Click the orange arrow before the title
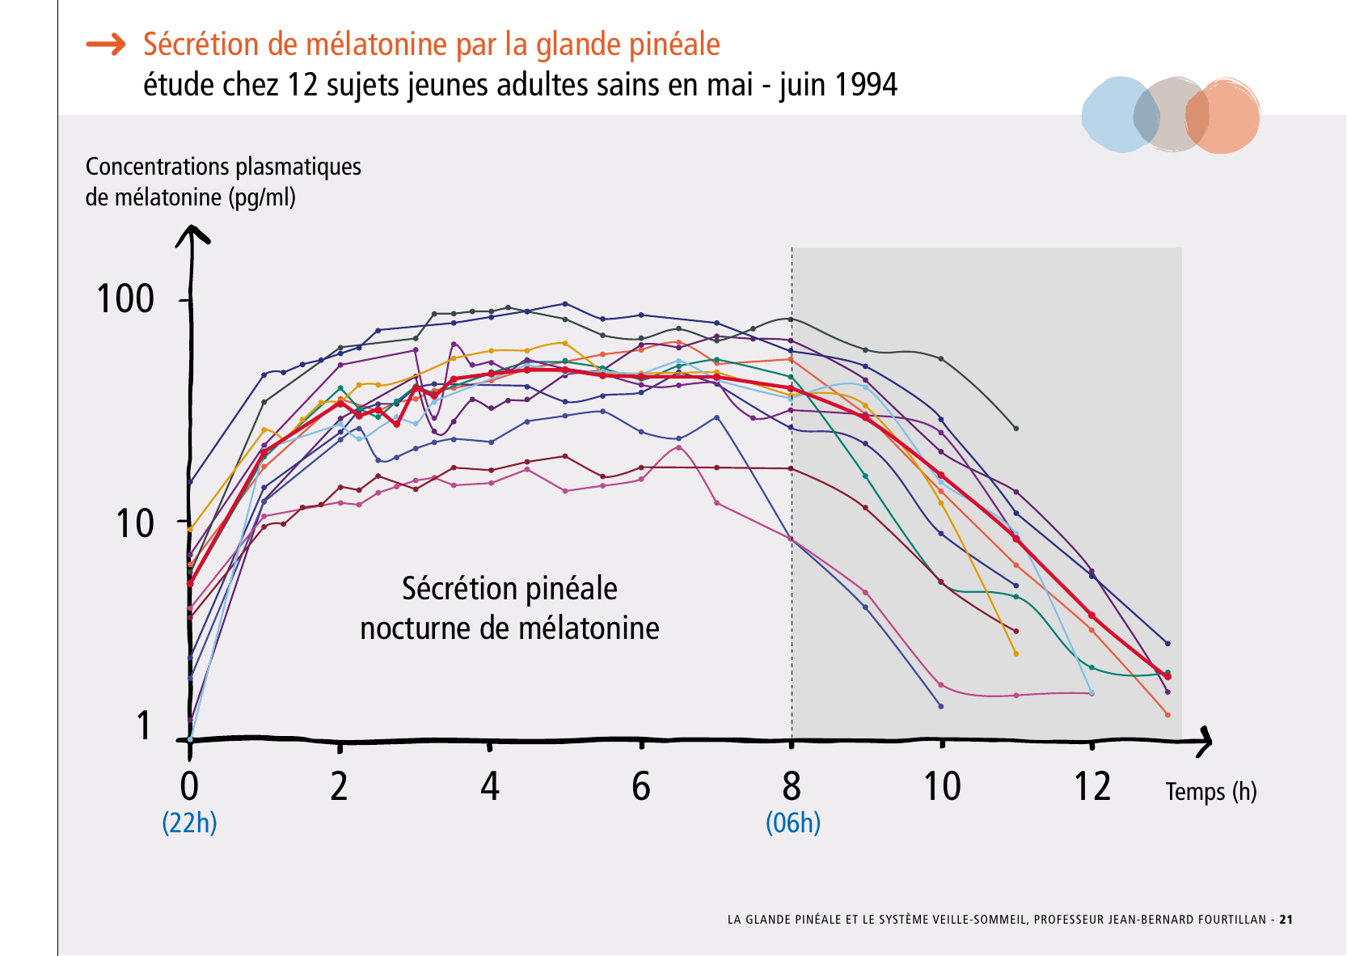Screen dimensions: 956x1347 (x=106, y=44)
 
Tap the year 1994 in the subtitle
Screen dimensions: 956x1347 (x=865, y=85)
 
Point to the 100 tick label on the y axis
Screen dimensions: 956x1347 (x=125, y=299)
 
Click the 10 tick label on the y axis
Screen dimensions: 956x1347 (x=134, y=524)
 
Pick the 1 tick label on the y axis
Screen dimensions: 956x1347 (x=144, y=725)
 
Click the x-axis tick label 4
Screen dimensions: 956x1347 (x=490, y=786)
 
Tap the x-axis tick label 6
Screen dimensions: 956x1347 (x=640, y=786)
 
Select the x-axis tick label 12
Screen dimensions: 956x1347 (x=1092, y=786)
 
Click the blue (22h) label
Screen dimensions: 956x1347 (x=189, y=823)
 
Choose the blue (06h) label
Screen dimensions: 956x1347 (x=792, y=823)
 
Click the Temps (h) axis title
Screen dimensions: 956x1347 (x=1210, y=791)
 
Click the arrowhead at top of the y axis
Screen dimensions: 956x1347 (x=192, y=234)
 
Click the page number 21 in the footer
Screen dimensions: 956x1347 (x=1286, y=920)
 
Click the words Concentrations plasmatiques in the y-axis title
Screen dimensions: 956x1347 (x=223, y=167)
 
